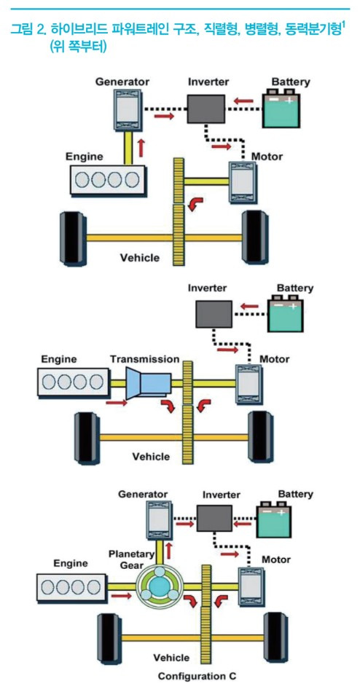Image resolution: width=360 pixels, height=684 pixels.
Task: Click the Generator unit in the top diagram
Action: [128, 109]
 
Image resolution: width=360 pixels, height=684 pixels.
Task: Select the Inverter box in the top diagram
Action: [206, 109]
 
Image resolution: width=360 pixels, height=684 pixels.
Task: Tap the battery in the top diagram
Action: [281, 108]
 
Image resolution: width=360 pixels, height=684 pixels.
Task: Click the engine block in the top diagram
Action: [108, 179]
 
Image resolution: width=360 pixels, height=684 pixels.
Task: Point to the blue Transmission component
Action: [148, 383]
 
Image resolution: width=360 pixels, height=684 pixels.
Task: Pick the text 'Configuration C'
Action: [197, 676]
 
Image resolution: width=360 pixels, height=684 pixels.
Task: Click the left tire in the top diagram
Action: [72, 237]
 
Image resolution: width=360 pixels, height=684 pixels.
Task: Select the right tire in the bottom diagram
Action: [275, 637]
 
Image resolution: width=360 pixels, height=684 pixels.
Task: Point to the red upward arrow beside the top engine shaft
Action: [141, 148]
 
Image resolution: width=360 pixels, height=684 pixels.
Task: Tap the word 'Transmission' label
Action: [145, 359]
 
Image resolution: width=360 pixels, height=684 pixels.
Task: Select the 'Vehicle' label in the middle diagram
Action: [151, 457]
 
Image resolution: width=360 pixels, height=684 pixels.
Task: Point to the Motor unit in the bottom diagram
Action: [251, 586]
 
